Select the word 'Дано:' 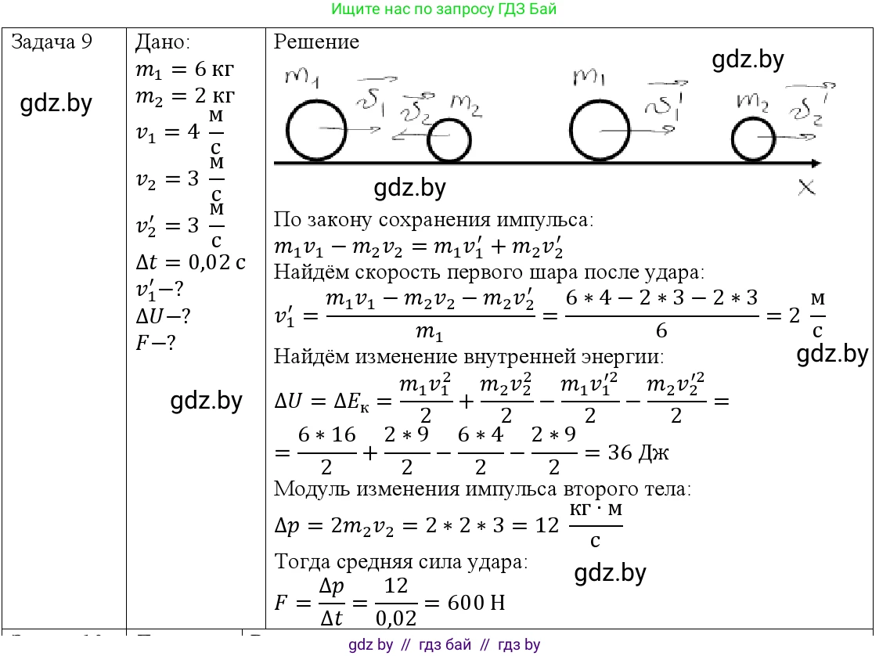(163, 42)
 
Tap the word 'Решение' (316, 42)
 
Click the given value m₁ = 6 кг (185, 70)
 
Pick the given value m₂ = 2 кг (185, 96)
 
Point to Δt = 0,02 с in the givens (190, 262)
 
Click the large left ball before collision (315, 131)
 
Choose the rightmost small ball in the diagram (753, 140)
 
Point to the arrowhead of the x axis (816, 164)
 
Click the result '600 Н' (476, 603)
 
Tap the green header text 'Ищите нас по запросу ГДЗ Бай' (444, 9)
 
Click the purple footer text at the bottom (444, 645)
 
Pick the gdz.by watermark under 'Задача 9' (56, 104)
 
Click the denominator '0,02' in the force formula (396, 618)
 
